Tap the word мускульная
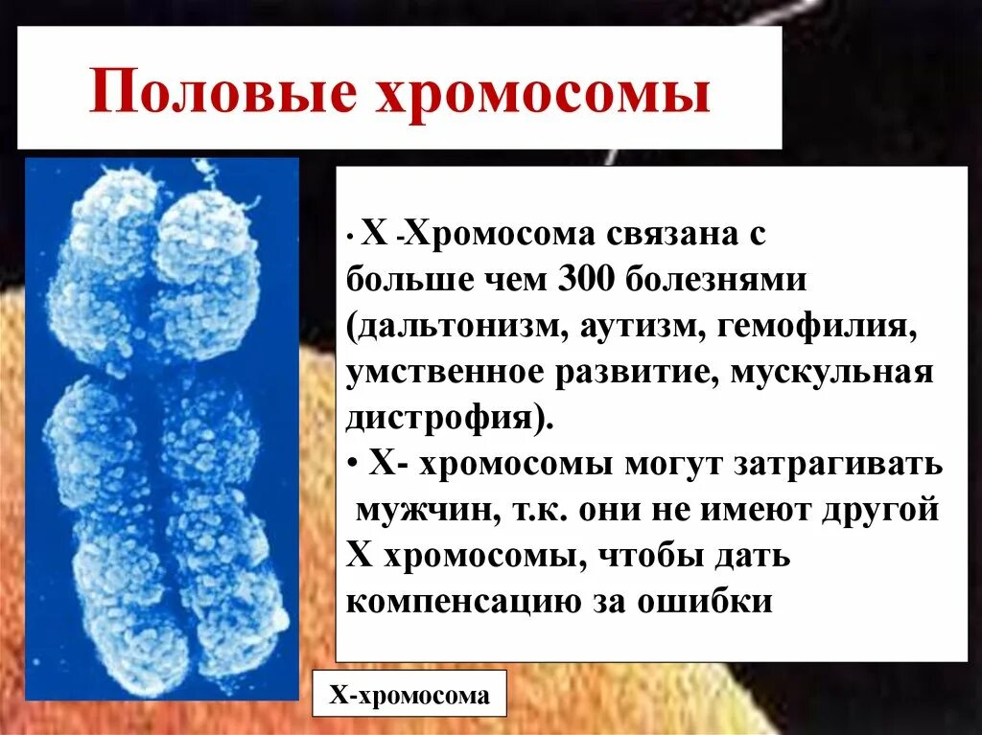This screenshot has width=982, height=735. pyautogui.click(x=831, y=373)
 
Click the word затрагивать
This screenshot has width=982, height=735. pyautogui.click(x=838, y=465)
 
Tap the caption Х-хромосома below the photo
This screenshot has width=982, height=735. pyautogui.click(x=409, y=696)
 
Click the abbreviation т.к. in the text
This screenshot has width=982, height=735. pyautogui.click(x=522, y=510)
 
